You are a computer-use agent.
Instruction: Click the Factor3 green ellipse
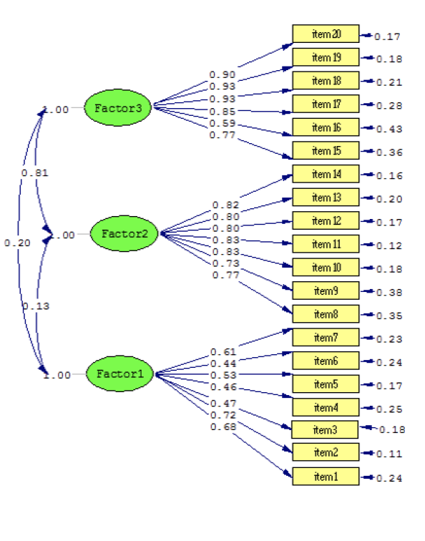pyautogui.click(x=118, y=109)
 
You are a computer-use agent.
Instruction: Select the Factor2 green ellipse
pyautogui.click(x=124, y=234)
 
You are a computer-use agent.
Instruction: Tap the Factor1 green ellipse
pyautogui.click(x=120, y=374)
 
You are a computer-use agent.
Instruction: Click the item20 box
pyautogui.click(x=326, y=34)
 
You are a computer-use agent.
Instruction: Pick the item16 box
pyautogui.click(x=326, y=127)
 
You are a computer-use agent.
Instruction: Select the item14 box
pyautogui.click(x=326, y=174)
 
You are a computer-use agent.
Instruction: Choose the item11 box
pyautogui.click(x=326, y=244)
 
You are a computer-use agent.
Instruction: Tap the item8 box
pyautogui.click(x=326, y=313)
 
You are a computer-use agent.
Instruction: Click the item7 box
pyautogui.click(x=326, y=337)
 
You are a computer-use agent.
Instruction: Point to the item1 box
pyautogui.click(x=326, y=476)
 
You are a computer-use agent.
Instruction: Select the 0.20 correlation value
pyautogui.click(x=17, y=243)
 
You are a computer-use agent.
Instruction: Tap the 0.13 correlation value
pyautogui.click(x=35, y=306)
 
